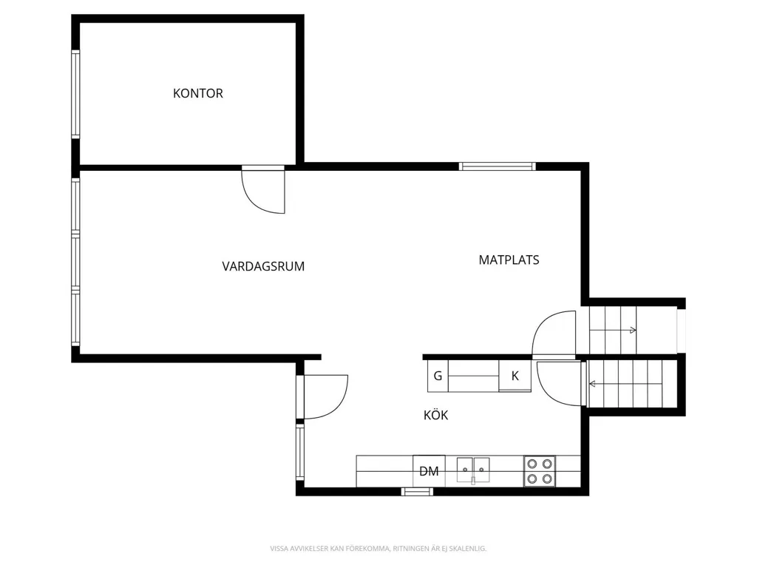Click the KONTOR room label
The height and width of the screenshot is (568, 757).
point(198,93)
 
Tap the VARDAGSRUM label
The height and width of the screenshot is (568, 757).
point(263,266)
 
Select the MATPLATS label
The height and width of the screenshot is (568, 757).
point(509,260)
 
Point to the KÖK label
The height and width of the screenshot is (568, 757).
point(436,414)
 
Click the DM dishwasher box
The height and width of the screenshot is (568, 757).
point(430,471)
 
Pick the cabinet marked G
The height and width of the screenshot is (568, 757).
point(438,376)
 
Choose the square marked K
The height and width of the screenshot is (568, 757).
point(515,376)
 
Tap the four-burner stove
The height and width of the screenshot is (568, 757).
point(539,471)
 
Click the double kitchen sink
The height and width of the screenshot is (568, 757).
point(473,470)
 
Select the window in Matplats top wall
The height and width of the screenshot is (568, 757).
point(498,166)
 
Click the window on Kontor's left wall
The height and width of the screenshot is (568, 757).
point(75,94)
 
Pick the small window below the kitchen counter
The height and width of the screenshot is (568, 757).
point(417,492)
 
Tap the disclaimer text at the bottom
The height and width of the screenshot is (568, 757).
point(378,549)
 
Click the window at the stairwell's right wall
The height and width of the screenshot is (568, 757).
point(681,330)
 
